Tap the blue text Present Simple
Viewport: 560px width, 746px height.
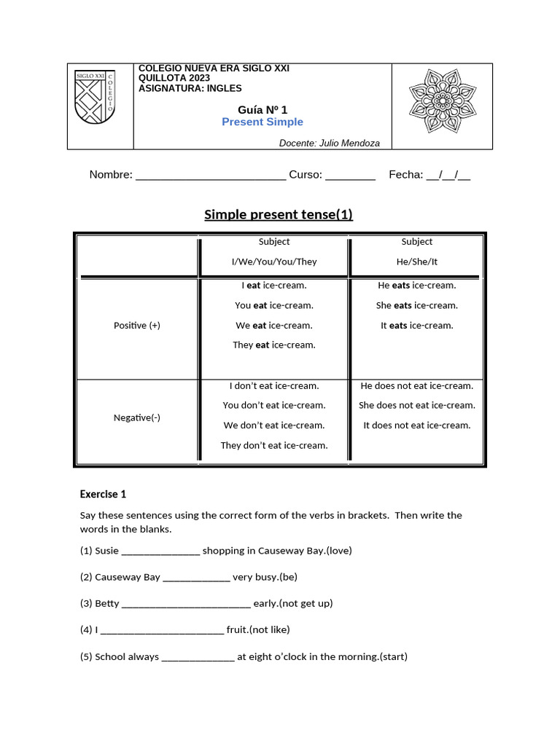click(x=262, y=122)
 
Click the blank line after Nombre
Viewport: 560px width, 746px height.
click(x=211, y=176)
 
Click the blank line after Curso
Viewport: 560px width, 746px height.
click(x=350, y=176)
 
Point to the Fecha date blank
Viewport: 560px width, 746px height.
click(x=448, y=176)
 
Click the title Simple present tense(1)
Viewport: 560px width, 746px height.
click(x=279, y=214)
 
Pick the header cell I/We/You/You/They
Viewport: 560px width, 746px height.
click(x=274, y=262)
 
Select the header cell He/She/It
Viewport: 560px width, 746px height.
click(x=417, y=262)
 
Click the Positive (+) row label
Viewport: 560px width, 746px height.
click(x=137, y=326)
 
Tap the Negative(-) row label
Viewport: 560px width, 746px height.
click(x=137, y=417)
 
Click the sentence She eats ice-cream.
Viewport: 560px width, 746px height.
click(x=417, y=305)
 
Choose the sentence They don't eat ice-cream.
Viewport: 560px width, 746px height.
click(x=274, y=445)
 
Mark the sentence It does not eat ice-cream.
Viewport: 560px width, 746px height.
click(x=417, y=425)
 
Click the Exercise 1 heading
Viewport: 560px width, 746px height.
click(x=103, y=494)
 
